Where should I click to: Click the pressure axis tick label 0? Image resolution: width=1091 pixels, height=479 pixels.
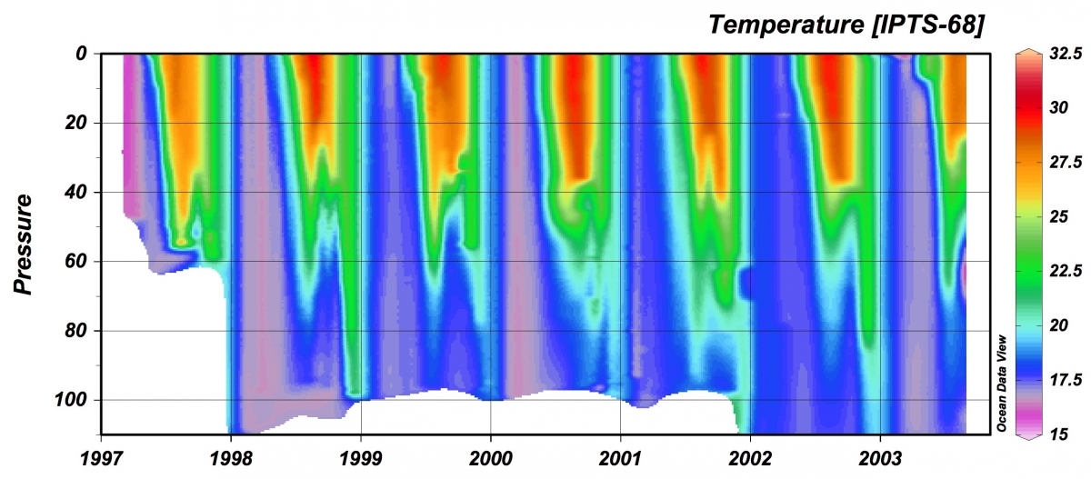81,55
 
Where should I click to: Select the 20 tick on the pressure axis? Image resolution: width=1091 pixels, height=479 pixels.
76,124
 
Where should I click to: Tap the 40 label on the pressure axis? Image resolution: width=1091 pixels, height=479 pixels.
76,193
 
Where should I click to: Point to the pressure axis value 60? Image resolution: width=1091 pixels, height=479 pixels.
76,262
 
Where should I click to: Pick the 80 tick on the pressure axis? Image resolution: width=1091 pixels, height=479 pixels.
76,331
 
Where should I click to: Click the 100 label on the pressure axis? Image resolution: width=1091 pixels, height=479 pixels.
72,400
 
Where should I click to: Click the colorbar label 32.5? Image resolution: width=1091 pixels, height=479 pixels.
1062,55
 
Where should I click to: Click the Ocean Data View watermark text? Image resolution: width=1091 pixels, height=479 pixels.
1000,383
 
